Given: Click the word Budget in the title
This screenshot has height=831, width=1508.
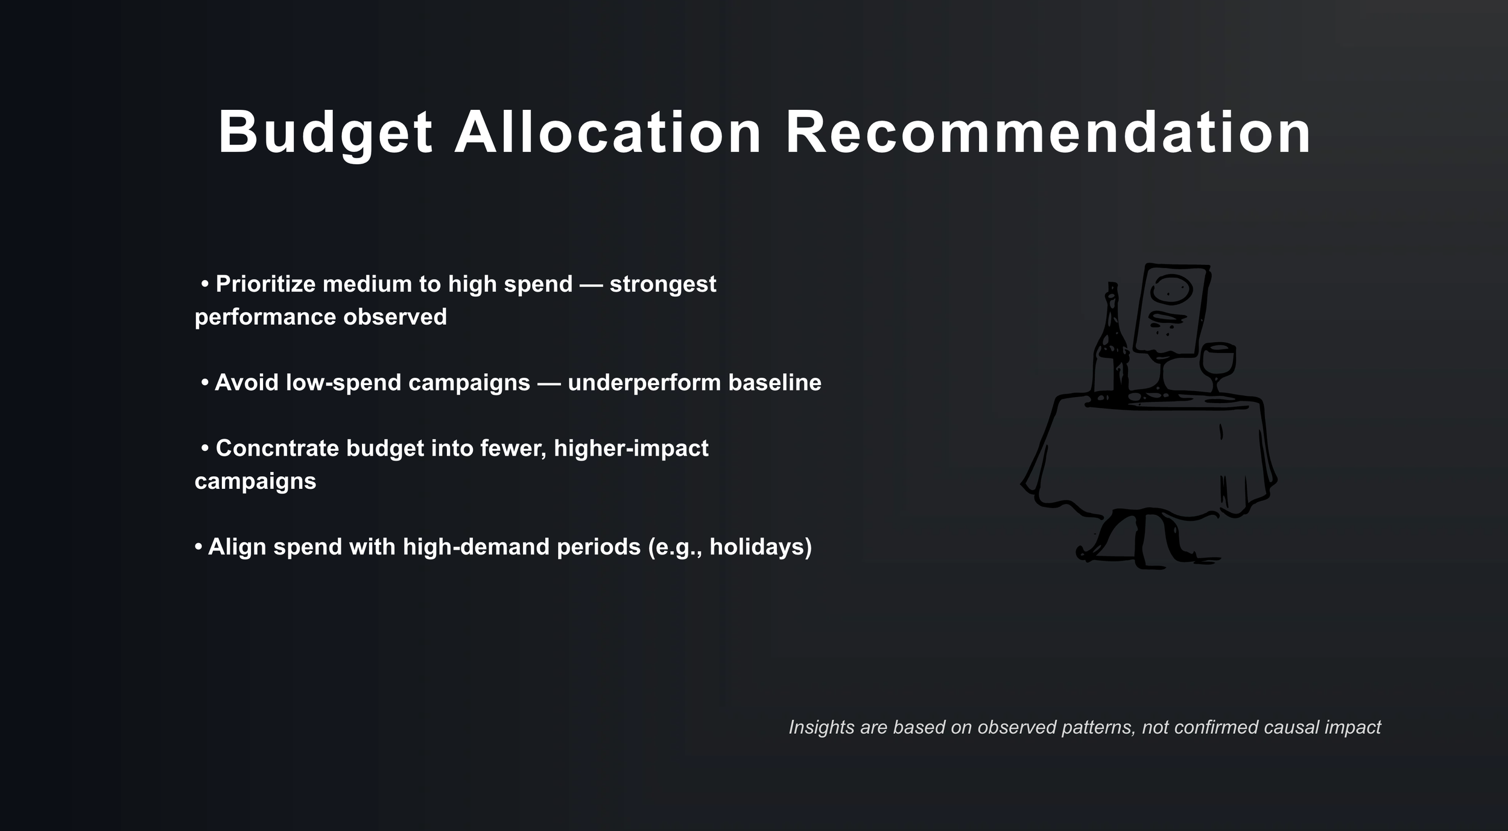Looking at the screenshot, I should click(325, 133).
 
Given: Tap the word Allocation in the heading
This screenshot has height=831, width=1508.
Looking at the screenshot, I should click(607, 133).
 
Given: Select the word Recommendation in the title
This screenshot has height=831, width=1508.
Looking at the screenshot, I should click(1048, 133).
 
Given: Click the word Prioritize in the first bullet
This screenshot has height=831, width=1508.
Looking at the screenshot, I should click(265, 284).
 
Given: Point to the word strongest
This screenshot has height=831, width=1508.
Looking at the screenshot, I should click(662, 284).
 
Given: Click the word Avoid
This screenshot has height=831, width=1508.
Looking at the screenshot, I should click(246, 383).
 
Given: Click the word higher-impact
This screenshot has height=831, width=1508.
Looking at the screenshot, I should click(631, 448).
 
